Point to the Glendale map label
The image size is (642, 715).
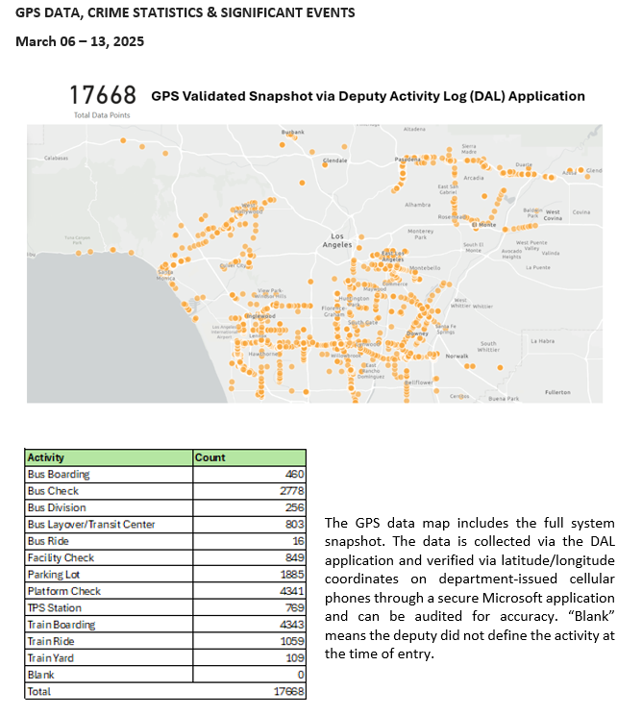pos(334,160)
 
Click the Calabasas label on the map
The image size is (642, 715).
pos(57,158)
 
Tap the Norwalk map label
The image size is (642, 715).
pos(457,357)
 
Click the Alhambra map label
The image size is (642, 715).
pos(417,205)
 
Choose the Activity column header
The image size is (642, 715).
pos(45,457)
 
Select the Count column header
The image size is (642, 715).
pos(210,457)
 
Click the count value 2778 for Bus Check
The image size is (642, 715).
pos(289,491)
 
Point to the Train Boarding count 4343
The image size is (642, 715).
pos(289,625)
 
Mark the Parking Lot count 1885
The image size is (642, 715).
pos(289,575)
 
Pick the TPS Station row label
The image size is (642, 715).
pos(55,607)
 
